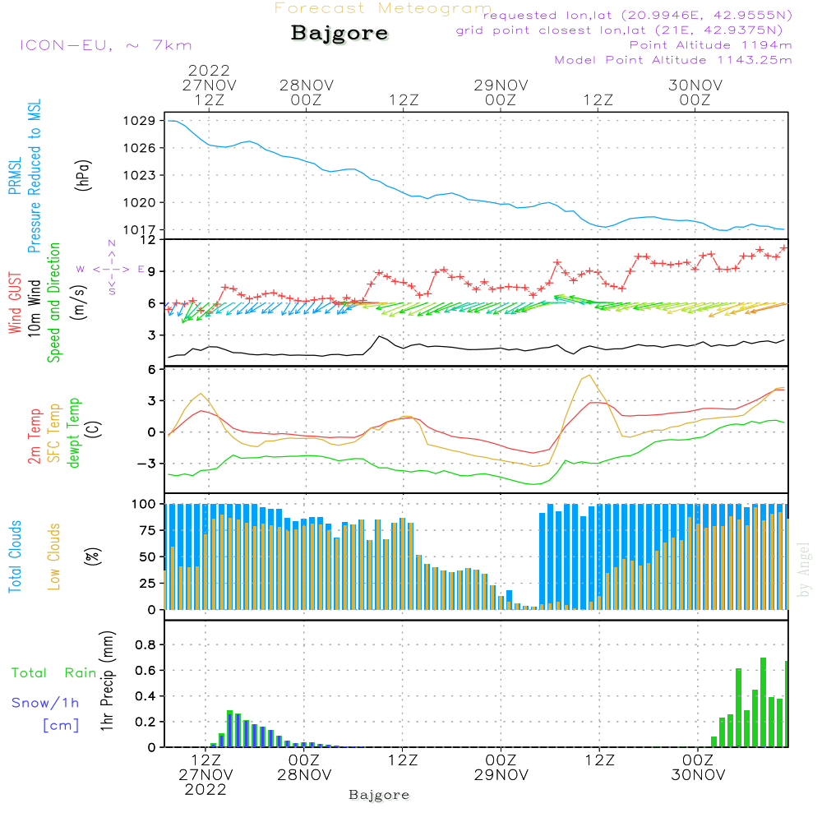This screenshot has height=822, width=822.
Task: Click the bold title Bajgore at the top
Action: click(339, 34)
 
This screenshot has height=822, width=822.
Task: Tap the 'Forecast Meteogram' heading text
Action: click(383, 8)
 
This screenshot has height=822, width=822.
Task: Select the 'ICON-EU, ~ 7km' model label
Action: click(106, 45)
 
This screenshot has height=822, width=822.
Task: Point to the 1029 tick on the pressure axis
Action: click(140, 121)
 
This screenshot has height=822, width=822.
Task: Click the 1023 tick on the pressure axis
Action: click(140, 175)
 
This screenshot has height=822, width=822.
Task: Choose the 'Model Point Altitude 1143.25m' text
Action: click(673, 60)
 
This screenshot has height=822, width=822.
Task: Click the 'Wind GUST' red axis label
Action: click(15, 302)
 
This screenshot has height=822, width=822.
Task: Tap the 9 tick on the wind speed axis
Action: click(151, 271)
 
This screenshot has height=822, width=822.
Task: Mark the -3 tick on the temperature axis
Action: click(147, 464)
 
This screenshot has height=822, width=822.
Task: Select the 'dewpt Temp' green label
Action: click(74, 432)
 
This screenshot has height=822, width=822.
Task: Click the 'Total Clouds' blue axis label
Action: click(15, 556)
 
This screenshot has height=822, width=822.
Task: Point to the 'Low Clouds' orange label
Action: click(54, 556)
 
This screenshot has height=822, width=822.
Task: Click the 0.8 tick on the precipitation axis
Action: click(145, 644)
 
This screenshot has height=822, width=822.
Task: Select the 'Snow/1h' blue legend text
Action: click(45, 703)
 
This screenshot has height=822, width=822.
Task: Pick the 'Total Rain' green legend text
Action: click(54, 673)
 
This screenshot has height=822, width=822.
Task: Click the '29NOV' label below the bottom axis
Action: click(501, 775)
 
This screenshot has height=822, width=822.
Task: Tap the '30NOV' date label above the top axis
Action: click(695, 85)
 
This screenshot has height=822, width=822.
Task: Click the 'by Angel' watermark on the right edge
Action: click(804, 570)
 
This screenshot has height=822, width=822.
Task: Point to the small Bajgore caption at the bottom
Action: click(379, 795)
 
